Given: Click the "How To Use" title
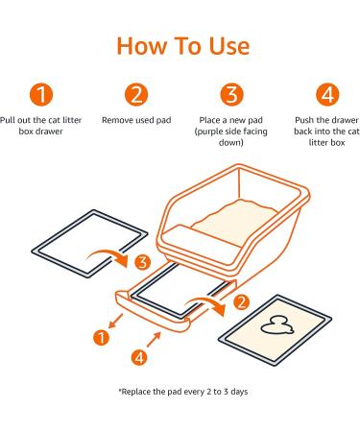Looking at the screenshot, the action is [x=183, y=46].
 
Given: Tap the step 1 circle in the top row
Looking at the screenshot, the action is [x=41, y=94].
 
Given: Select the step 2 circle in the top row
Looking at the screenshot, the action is [x=136, y=94].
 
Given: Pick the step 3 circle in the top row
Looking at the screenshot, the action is [x=231, y=94].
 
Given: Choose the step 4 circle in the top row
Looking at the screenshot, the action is [x=327, y=94].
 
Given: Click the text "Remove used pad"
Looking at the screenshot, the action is [x=136, y=120].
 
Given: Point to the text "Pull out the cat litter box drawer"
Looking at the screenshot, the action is [x=40, y=126].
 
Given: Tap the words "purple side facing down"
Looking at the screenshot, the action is [x=231, y=137].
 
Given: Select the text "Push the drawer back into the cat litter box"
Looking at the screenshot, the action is [x=326, y=132].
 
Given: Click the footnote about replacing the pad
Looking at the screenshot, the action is [x=183, y=392].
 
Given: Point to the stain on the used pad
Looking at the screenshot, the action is [x=276, y=326].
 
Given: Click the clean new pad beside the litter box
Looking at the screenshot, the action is [x=89, y=244].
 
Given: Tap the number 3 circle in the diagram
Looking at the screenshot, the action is [x=143, y=262].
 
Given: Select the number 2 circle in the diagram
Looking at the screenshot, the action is [x=242, y=302].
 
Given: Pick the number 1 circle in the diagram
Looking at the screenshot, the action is [x=101, y=338].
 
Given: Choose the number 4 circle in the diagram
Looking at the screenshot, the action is [x=139, y=357].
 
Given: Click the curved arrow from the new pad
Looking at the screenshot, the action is [x=108, y=252].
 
